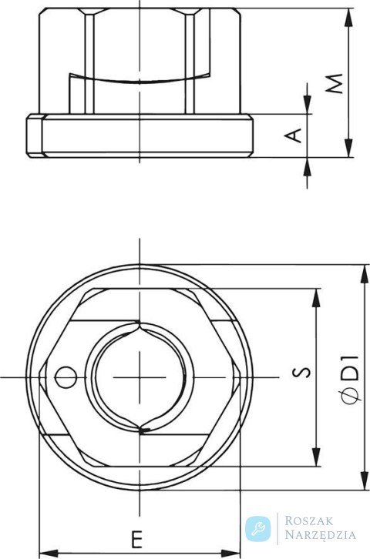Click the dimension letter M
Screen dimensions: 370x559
(335, 83)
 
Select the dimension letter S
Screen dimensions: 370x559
(302, 372)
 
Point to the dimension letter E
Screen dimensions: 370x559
(136, 540)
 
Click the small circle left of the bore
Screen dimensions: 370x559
(66, 377)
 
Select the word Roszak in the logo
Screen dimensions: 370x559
(309, 521)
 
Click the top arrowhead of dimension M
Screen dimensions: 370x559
(348, 16)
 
